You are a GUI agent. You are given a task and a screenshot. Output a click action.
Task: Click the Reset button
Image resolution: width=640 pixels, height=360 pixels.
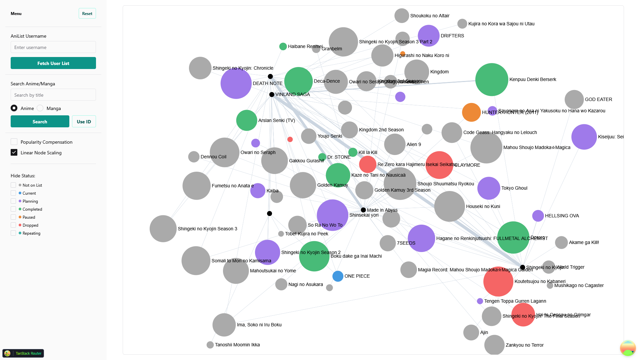87,14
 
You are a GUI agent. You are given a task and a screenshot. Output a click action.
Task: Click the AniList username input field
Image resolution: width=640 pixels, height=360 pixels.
53,47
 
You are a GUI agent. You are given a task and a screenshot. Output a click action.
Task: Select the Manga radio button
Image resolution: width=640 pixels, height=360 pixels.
40,108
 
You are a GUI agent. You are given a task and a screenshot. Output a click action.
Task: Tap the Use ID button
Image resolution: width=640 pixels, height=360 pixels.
84,122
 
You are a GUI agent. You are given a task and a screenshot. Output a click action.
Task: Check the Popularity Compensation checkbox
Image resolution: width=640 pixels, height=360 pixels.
14,142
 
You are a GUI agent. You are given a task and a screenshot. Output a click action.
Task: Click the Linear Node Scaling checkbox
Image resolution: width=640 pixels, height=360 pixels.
14,153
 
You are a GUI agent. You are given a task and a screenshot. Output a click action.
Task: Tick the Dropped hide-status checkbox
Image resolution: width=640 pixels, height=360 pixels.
13,225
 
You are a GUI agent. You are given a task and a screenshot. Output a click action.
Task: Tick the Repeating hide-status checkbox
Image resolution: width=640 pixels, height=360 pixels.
13,233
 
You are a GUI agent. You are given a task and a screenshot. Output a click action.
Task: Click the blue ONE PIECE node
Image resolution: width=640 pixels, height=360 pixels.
338,276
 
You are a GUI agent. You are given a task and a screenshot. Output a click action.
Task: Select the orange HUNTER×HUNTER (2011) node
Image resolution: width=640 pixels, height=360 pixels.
471,112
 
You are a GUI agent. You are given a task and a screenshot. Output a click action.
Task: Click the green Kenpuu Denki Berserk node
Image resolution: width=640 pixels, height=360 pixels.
491,80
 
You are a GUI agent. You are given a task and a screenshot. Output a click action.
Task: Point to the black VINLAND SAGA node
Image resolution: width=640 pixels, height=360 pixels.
272,95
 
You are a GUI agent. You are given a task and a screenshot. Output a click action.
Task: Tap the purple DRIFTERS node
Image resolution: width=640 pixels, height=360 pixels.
428,36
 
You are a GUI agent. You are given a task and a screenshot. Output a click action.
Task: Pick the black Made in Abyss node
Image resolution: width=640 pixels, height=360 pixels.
363,210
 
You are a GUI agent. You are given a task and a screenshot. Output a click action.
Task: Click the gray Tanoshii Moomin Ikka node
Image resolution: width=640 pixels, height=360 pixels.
210,345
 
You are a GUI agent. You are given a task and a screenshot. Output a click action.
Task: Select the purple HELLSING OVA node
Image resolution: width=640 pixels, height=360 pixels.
538,216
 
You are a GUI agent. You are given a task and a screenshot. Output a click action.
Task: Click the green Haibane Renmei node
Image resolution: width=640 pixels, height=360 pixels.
283,47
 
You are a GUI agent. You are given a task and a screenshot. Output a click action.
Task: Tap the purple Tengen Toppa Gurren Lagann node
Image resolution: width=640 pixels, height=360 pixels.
480,301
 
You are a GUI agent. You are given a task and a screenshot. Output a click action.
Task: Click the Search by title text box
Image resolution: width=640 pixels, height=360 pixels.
53,95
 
